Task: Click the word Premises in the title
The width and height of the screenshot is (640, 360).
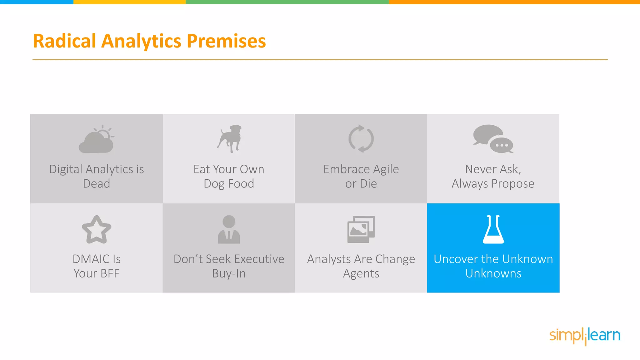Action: click(x=226, y=41)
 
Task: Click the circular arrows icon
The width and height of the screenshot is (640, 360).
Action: click(x=361, y=139)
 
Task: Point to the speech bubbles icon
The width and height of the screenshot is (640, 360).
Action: click(x=493, y=139)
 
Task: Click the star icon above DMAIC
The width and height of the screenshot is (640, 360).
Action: click(x=96, y=230)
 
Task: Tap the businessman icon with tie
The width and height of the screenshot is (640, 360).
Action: click(x=229, y=229)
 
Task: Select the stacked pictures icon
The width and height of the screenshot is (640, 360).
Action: click(x=361, y=229)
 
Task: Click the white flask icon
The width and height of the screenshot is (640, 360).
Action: click(x=493, y=229)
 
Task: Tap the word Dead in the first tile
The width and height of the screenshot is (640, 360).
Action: click(x=96, y=183)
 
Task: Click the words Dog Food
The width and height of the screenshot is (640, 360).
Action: click(x=229, y=183)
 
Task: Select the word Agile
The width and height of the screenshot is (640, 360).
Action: click(x=386, y=169)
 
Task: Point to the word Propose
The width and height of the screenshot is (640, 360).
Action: click(x=512, y=183)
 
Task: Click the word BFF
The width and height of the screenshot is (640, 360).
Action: click(x=110, y=273)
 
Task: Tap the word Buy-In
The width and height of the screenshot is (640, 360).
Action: click(x=229, y=273)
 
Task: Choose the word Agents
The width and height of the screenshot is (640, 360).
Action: click(x=361, y=274)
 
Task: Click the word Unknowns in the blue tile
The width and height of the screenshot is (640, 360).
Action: click(x=493, y=273)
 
